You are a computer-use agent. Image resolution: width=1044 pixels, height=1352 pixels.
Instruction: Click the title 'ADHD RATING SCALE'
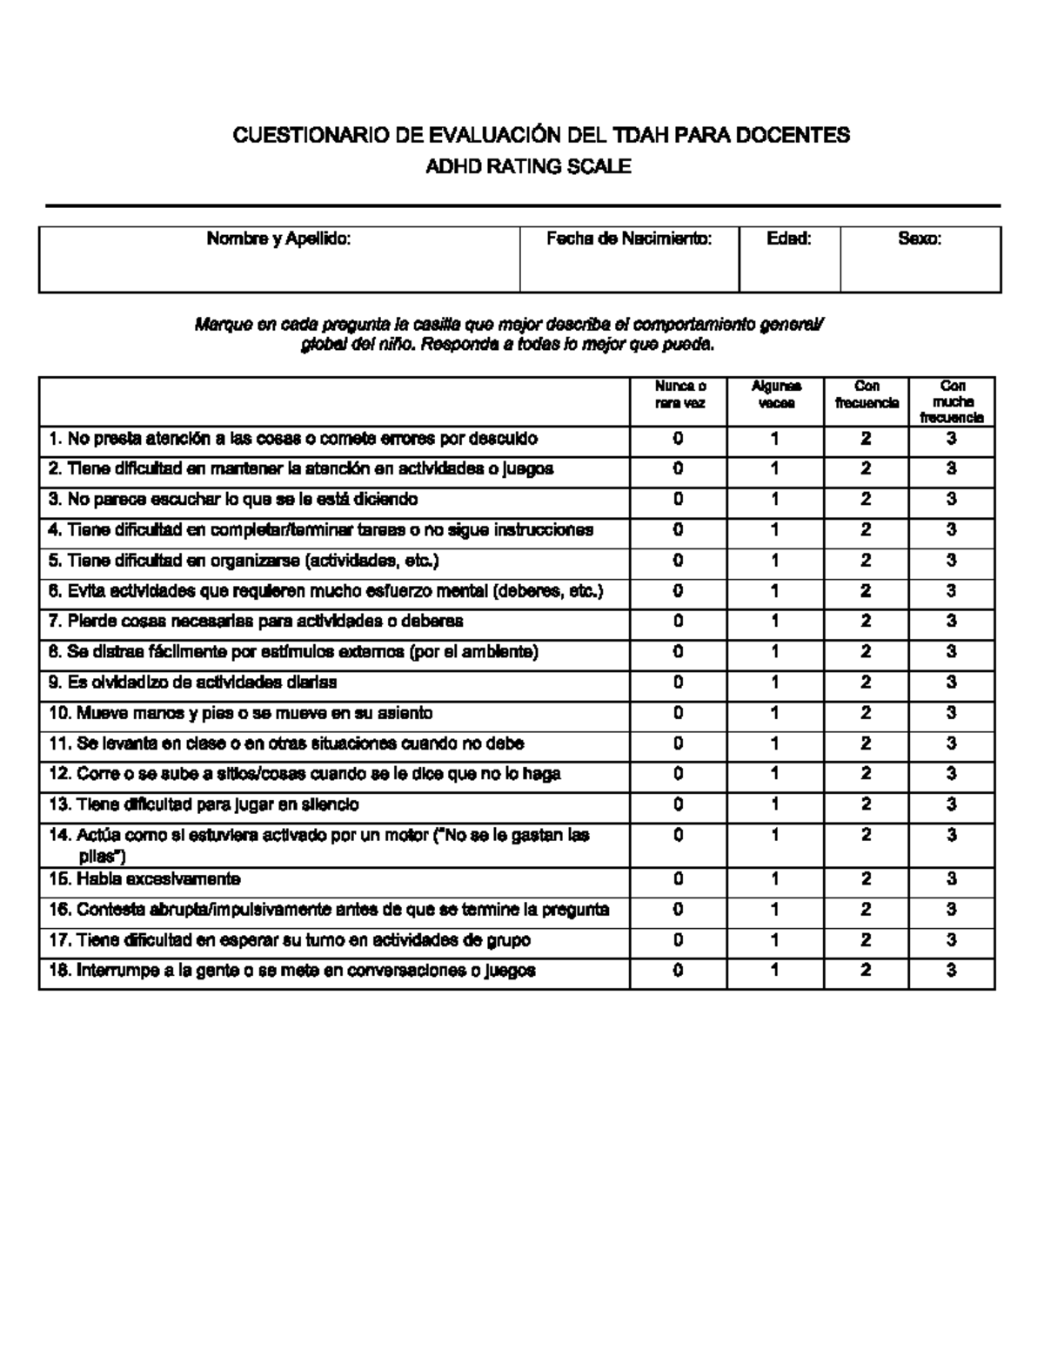pyautogui.click(x=527, y=167)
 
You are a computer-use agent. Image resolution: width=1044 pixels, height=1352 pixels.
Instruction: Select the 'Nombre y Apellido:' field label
pyautogui.click(x=278, y=239)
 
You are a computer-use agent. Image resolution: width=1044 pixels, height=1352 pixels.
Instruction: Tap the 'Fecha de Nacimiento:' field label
pyautogui.click(x=629, y=239)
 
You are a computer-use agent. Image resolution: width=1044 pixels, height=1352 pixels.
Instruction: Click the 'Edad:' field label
pyautogui.click(x=789, y=239)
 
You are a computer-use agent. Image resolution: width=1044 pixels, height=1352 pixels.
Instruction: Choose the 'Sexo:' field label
pyautogui.click(x=920, y=239)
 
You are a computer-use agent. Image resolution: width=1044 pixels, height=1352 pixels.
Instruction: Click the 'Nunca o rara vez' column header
pyautogui.click(x=679, y=394)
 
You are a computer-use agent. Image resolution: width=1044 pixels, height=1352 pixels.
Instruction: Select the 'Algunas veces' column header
pyautogui.click(x=776, y=394)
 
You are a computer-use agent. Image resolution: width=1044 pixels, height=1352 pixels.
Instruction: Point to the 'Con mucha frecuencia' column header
pyautogui.click(x=952, y=401)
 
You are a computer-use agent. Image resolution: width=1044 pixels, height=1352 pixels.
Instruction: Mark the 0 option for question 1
pyautogui.click(x=679, y=439)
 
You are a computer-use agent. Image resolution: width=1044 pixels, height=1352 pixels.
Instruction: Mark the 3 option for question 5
pyautogui.click(x=952, y=561)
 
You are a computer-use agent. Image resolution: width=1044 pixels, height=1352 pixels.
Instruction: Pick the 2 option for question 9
pyautogui.click(x=866, y=683)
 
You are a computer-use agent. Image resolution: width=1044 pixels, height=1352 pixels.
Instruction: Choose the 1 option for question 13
pyautogui.click(x=775, y=804)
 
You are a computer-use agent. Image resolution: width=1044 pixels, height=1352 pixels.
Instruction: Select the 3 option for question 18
pyautogui.click(x=952, y=970)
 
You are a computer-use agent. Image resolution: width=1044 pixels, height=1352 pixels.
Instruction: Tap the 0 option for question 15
pyautogui.click(x=679, y=879)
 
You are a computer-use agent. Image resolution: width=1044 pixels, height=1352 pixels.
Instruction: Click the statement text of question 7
pyautogui.click(x=256, y=622)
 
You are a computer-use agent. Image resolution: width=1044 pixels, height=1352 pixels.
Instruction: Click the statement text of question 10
pyautogui.click(x=241, y=713)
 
